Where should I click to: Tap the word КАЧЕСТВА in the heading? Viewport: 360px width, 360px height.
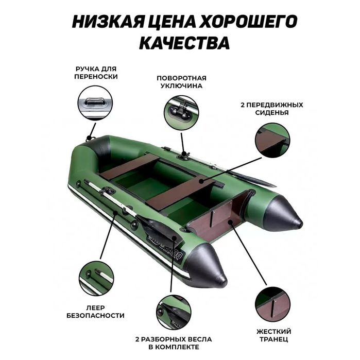click(180, 42)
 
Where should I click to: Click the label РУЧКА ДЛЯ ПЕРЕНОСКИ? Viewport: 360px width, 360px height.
click(96, 73)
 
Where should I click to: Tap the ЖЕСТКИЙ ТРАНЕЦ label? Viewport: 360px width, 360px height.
click(273, 335)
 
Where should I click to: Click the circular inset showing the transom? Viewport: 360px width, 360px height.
click(272, 304)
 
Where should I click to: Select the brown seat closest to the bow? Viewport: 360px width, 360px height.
click(130, 167)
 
